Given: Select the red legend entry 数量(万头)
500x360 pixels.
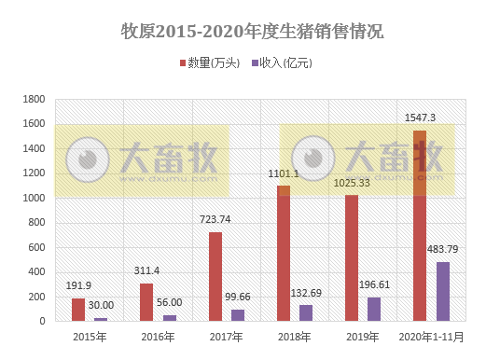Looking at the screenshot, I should click(209, 63).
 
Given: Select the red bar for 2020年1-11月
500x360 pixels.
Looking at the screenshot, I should click(420, 226).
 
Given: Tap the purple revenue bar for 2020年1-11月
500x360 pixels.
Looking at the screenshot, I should click(442, 291).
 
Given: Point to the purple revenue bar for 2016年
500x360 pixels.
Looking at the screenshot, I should click(169, 318).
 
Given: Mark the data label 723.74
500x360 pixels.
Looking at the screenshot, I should click(215, 219).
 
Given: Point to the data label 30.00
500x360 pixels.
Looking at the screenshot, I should click(101, 305).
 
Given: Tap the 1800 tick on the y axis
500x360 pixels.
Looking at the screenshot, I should click(34, 99).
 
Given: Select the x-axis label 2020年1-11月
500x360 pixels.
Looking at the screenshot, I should click(430, 337).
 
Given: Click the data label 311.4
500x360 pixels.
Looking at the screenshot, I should click(146, 270).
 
